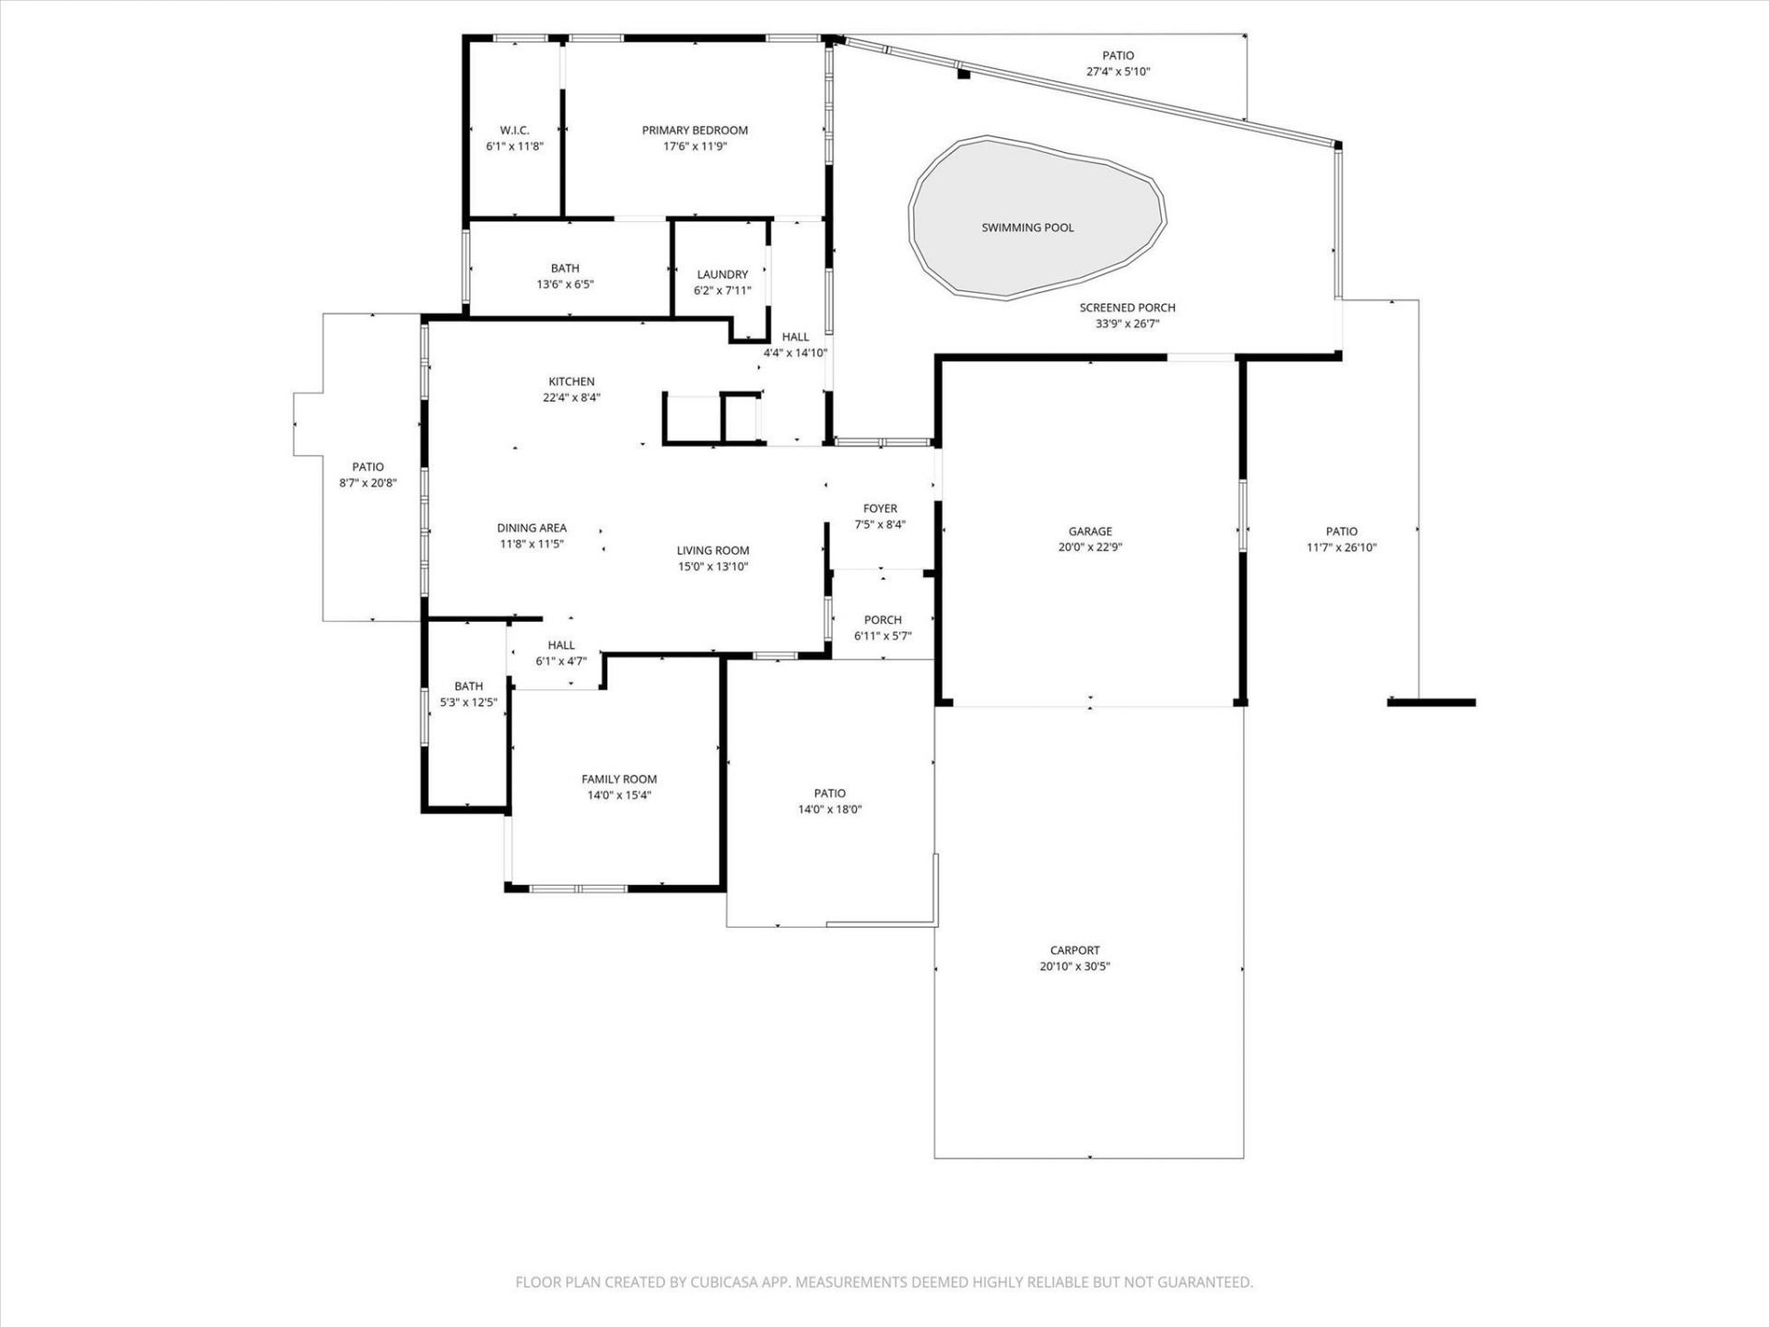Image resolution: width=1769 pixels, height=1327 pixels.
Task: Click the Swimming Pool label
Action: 1027,228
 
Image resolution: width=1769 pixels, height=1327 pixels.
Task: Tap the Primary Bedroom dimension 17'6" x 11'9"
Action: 695,147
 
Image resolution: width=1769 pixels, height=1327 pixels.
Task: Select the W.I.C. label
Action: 514,130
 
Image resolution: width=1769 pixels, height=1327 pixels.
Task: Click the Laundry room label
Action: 722,275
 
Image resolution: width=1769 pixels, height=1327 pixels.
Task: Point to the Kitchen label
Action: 571,382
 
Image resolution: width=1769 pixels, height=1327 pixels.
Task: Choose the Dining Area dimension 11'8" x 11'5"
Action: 532,545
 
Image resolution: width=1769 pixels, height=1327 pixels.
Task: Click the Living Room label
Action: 713,550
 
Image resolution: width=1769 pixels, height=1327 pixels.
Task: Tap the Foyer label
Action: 880,509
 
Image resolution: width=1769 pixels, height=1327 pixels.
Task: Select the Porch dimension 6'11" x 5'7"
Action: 883,636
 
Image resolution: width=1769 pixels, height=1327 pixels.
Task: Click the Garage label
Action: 1090,531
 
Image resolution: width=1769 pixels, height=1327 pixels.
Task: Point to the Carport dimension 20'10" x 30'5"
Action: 1074,967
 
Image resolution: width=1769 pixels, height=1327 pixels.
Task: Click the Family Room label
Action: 619,779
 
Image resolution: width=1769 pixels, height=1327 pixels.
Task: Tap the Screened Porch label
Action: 1127,308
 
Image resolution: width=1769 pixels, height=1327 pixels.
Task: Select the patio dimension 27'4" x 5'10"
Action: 1118,72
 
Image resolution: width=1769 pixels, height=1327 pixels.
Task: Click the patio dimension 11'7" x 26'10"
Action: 1341,547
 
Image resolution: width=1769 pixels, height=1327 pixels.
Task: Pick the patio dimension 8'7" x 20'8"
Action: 368,483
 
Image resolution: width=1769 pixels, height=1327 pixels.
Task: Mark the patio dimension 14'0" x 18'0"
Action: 829,810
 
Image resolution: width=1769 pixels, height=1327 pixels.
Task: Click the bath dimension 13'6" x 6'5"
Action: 565,285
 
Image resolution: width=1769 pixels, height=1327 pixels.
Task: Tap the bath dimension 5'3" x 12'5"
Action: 468,702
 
